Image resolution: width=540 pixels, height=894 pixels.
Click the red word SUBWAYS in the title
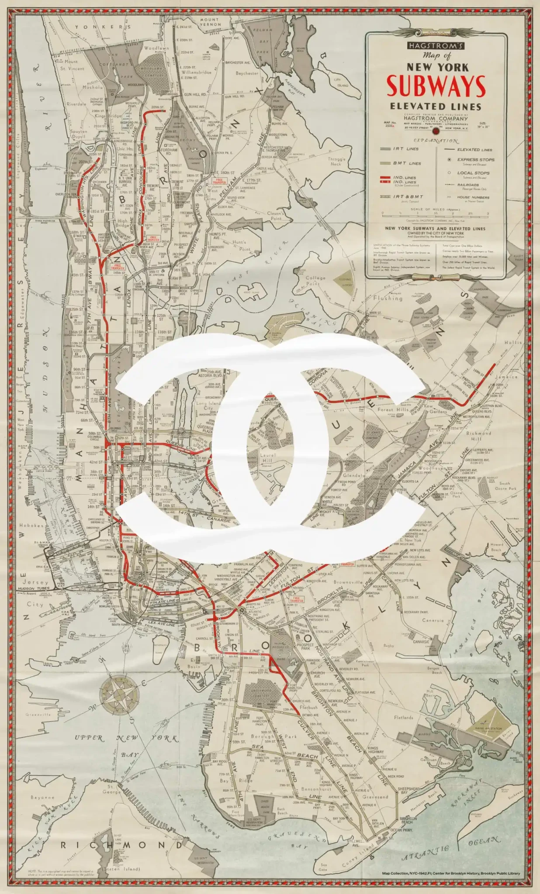point(436,86)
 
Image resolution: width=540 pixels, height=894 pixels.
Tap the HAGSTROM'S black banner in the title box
point(436,46)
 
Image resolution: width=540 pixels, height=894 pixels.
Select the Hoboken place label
point(32,526)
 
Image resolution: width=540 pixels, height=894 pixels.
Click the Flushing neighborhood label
point(388,298)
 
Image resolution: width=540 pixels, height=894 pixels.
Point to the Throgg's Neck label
point(336,162)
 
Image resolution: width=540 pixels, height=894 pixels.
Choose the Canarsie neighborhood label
point(433,620)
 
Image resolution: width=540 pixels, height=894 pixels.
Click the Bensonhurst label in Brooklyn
point(316,789)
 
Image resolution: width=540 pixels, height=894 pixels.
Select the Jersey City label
point(35,593)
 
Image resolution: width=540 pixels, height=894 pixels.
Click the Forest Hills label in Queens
point(391,409)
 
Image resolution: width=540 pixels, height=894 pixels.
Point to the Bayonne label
point(42,797)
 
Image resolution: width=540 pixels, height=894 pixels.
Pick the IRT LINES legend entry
point(405,149)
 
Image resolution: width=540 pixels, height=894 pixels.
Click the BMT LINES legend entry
point(406,163)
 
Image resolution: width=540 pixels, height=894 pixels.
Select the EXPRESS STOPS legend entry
point(475,160)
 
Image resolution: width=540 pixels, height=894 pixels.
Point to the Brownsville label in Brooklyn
point(348,582)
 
